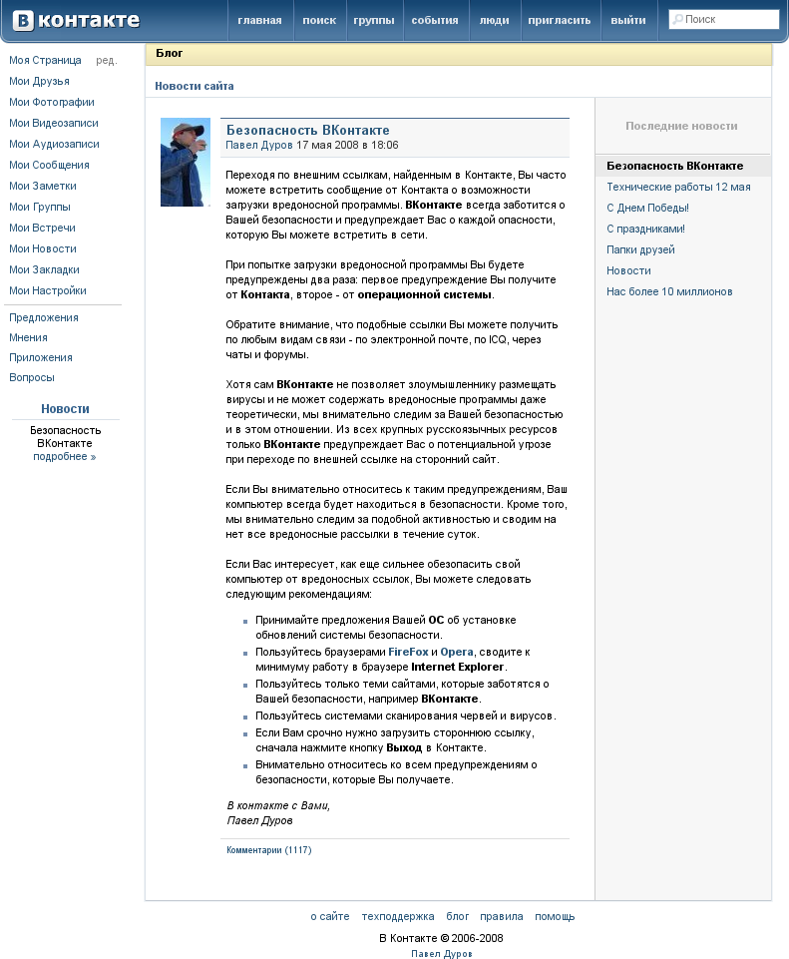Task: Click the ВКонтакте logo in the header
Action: pos(76,20)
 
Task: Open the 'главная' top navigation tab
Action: pos(259,20)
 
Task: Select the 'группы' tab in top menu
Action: pos(374,20)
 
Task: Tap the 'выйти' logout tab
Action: pos(627,20)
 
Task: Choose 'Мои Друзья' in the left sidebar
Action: pos(39,81)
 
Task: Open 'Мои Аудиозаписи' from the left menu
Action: pos(54,144)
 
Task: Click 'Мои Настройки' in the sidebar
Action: pos(48,290)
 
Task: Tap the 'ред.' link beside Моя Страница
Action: pos(106,60)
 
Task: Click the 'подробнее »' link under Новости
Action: pos(65,456)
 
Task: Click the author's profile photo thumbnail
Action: pos(186,162)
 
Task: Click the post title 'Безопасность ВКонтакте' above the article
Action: pos(307,130)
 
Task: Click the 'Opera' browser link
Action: pos(457,652)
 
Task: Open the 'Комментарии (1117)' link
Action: pos(269,850)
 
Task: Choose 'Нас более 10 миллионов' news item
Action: pos(669,291)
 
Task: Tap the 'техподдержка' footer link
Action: pos(398,916)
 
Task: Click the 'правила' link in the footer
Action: pos(501,916)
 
